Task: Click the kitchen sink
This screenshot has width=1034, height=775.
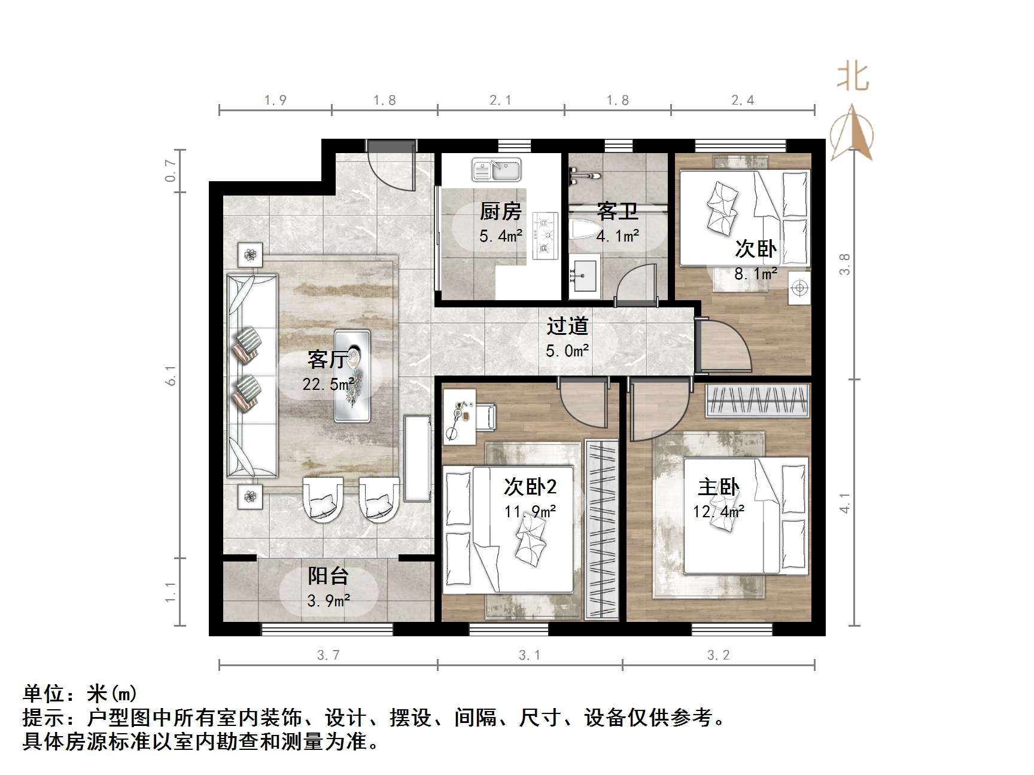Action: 497,169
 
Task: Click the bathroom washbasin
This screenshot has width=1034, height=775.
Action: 583,276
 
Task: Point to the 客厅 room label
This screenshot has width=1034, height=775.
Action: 327,359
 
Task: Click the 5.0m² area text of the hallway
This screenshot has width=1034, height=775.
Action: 567,351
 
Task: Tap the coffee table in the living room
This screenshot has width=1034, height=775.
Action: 352,375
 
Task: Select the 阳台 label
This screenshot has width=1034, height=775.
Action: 328,576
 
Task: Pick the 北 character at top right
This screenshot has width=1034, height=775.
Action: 853,78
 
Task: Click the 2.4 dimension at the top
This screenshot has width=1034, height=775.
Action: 743,100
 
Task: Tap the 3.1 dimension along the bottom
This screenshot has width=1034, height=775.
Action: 530,655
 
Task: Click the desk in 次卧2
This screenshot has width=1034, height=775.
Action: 459,417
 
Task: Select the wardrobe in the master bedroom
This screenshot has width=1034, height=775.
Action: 758,400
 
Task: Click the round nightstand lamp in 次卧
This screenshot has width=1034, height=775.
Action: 799,289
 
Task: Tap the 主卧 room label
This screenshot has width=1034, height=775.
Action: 718,487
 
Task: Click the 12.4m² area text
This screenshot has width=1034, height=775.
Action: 719,512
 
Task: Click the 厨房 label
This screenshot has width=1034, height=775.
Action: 500,211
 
